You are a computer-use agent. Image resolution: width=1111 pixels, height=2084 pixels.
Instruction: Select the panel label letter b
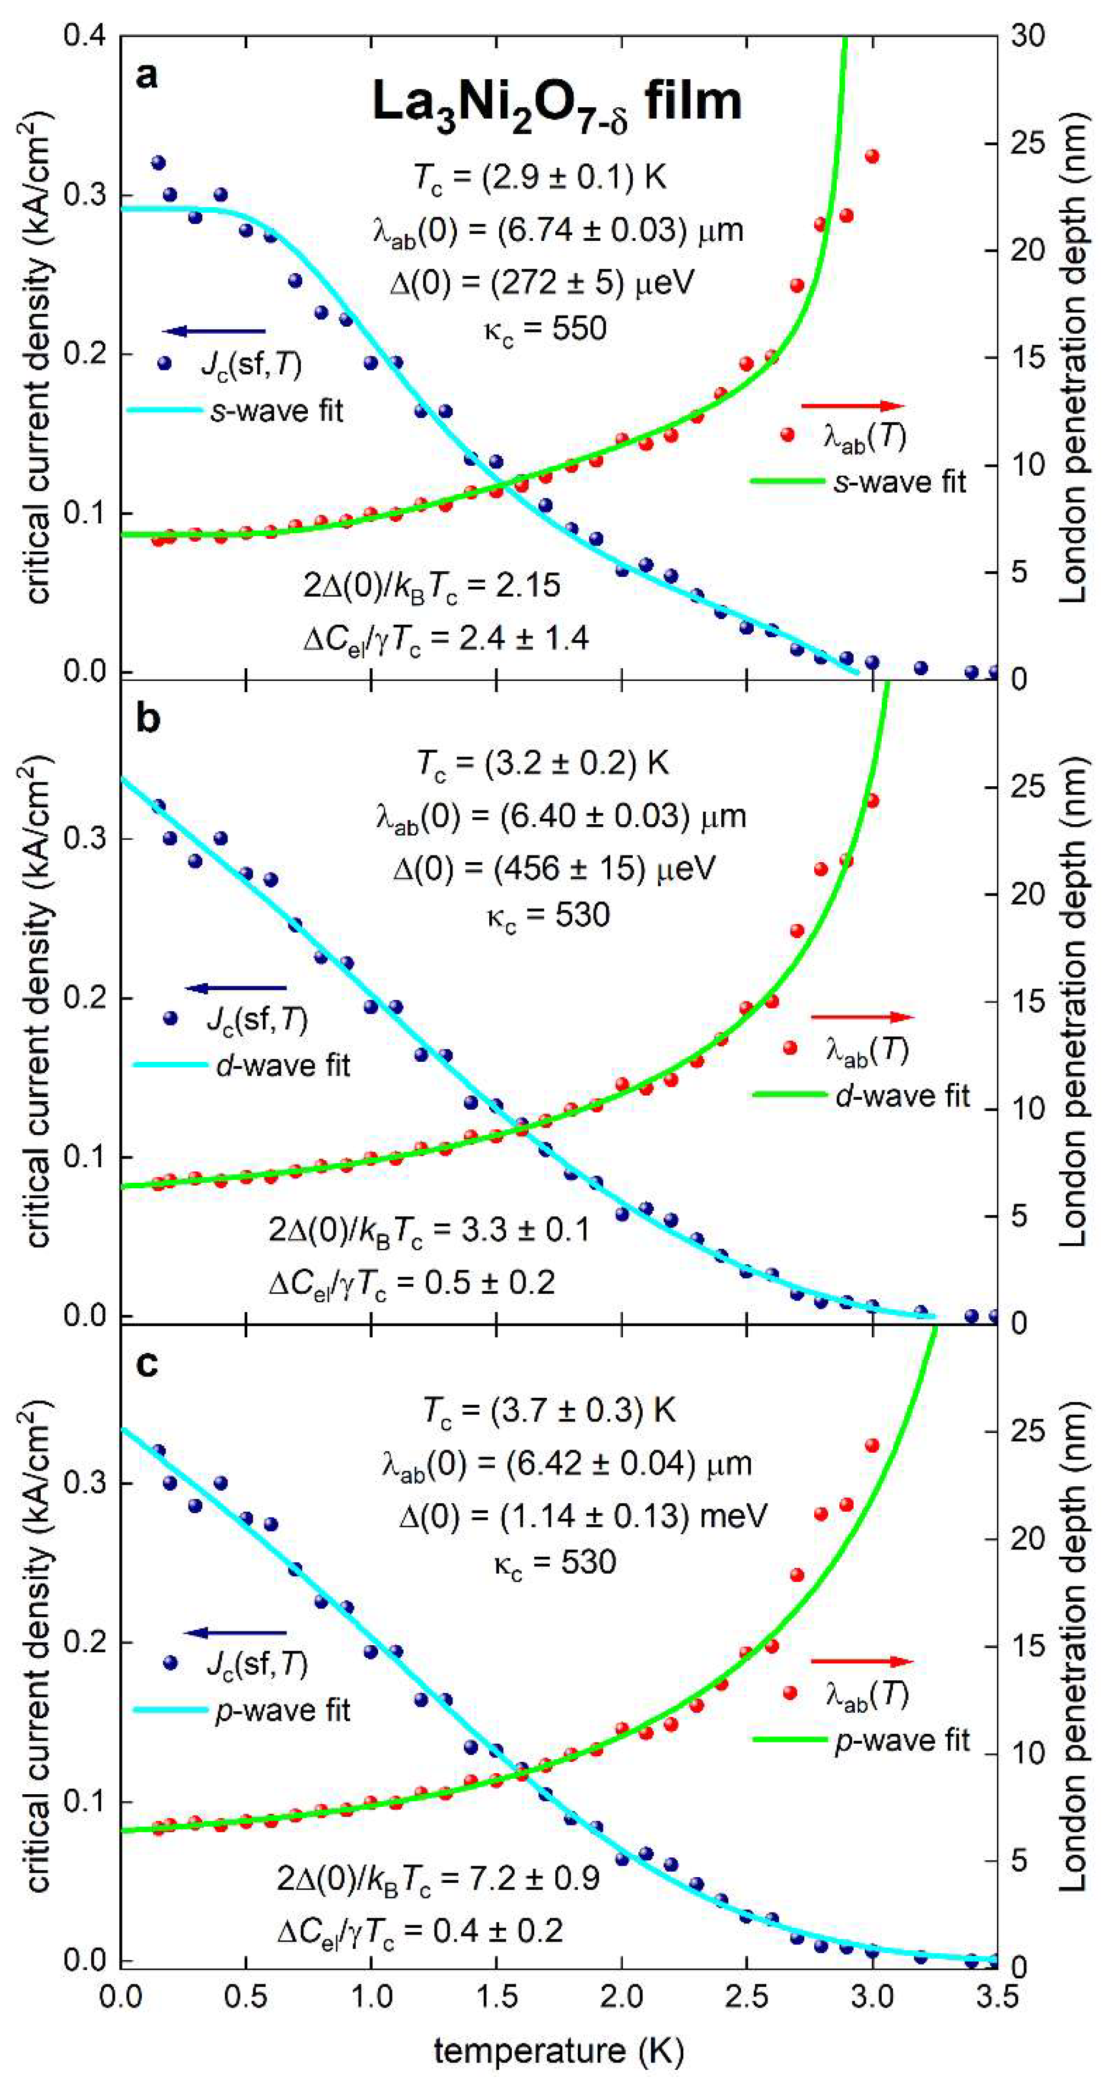pos(148,719)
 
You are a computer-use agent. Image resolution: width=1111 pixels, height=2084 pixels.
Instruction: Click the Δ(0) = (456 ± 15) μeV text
pos(554,869)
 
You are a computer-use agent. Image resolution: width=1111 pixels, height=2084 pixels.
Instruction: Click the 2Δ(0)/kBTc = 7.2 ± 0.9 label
pos(438,1878)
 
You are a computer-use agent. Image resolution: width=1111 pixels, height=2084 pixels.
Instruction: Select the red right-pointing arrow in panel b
pos(862,1017)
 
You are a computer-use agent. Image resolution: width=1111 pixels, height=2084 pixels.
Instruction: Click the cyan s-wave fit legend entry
pos(236,411)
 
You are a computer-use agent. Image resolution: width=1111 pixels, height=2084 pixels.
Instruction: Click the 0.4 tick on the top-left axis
pos(85,36)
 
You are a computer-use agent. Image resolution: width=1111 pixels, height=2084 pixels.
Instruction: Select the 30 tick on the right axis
pos(1027,36)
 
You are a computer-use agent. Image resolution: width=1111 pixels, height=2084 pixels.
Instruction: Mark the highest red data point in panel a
pos(872,156)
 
